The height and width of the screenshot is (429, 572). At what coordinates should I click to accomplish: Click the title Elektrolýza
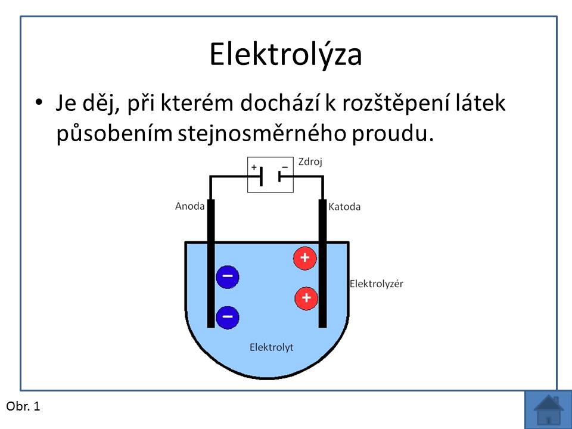coord(285,54)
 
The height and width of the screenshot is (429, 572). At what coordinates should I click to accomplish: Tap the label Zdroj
coord(310,161)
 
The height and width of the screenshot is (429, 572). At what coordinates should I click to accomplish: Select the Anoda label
coord(189,206)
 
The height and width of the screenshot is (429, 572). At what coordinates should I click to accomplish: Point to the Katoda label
coord(344,207)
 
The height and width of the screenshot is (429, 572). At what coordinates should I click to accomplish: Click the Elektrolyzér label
coord(377,284)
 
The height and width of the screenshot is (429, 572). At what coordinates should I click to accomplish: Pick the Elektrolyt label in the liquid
coord(272,347)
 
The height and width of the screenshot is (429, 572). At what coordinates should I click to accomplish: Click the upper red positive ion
coord(304,258)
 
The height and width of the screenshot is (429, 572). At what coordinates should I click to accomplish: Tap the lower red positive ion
coord(306,298)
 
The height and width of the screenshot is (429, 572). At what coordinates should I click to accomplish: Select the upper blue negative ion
coord(227,276)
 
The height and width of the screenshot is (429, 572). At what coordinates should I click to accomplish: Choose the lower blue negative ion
coord(227,317)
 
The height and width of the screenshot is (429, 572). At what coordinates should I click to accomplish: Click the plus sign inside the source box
coord(254,167)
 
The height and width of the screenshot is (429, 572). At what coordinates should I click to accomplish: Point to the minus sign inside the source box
coord(285,167)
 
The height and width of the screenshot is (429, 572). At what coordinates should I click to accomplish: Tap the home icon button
coord(548,410)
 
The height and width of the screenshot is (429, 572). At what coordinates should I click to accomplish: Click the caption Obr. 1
coord(23,406)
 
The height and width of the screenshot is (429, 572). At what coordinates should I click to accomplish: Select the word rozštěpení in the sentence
coord(396,103)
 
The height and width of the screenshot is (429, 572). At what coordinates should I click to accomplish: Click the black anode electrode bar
coord(211,263)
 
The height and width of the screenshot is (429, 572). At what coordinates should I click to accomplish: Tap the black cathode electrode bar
coord(322,263)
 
